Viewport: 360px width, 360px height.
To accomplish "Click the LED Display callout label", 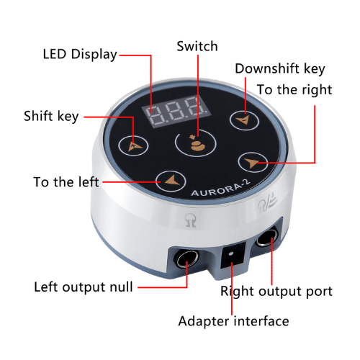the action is [80, 55].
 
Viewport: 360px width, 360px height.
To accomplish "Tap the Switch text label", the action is [197, 46].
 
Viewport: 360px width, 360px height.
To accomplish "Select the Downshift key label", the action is [280, 69].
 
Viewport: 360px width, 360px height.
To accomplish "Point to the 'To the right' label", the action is [294, 90].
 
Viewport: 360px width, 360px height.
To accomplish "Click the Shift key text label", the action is [51, 117].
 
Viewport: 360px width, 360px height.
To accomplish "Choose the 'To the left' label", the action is [66, 182].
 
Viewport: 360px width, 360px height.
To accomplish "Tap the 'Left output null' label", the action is [84, 287].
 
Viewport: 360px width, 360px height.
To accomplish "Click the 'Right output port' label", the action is [276, 292].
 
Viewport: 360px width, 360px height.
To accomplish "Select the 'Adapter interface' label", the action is [233, 321].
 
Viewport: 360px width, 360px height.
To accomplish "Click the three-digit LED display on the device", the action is [176, 109].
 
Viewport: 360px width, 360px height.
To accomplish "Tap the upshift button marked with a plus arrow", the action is [133, 145].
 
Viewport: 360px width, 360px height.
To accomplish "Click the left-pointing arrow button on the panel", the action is [171, 181].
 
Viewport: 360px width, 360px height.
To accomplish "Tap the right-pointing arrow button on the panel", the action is [253, 163].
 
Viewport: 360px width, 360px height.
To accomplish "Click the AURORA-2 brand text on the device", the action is [221, 188].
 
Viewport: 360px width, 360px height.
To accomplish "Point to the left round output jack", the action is [187, 258].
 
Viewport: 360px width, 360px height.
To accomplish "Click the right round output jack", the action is [267, 238].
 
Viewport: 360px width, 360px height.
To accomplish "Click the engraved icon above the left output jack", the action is [191, 220].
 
